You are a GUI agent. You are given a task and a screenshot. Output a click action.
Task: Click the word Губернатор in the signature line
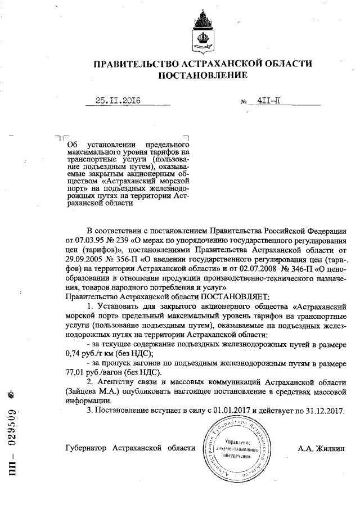(x=86, y=448)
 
